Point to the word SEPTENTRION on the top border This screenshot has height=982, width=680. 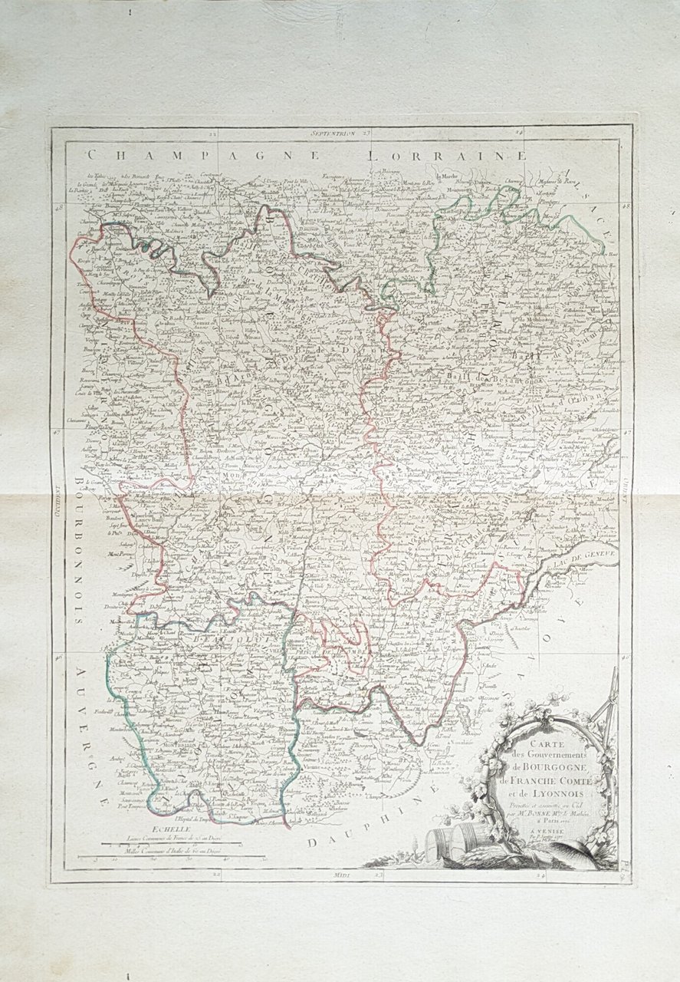point(334,133)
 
